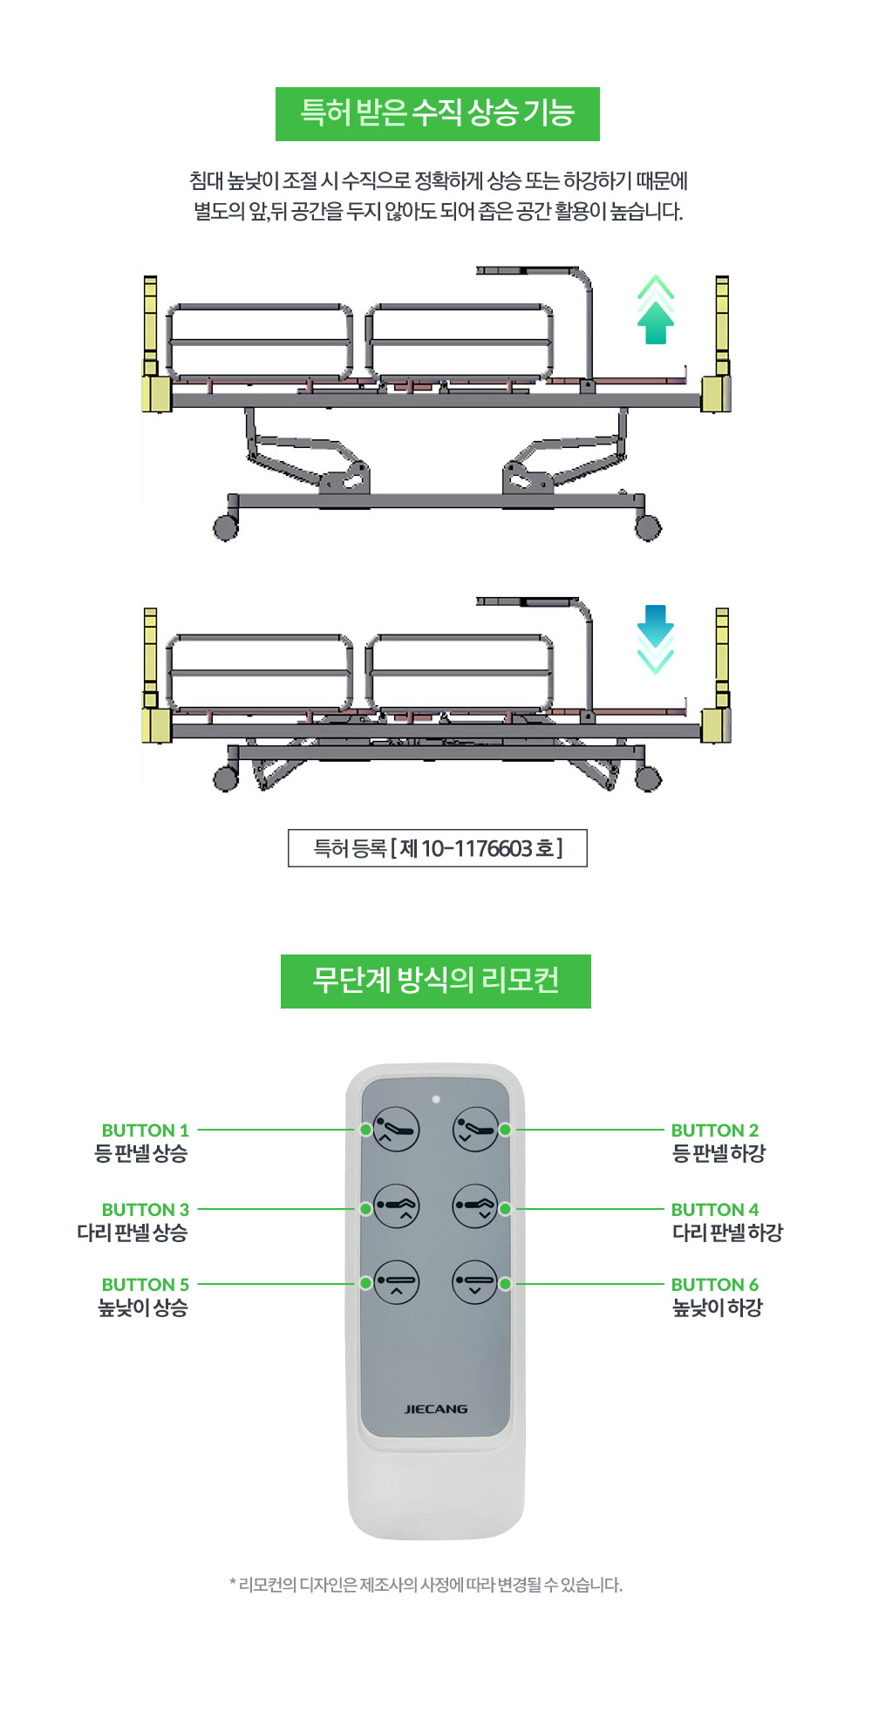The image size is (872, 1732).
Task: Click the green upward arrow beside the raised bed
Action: pos(656,311)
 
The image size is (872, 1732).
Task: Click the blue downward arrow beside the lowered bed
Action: pos(656,639)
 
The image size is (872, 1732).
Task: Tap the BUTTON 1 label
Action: pos(145,1131)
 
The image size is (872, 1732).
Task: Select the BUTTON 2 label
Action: pos(715,1131)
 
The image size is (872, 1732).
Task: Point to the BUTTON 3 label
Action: pos(145,1210)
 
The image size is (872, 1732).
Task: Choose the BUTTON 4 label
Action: pos(715,1210)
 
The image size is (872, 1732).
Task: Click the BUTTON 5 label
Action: pos(145,1285)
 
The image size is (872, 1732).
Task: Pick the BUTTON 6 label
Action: pos(715,1285)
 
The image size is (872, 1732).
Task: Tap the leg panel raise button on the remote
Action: pos(397,1206)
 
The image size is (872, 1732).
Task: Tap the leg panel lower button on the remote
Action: pos(475,1206)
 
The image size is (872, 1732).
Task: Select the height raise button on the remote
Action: pos(397,1282)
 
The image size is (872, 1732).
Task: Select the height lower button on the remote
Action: pos(475,1282)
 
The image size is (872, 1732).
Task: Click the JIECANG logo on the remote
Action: pos(436,1409)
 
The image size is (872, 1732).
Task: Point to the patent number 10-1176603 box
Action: pos(438,848)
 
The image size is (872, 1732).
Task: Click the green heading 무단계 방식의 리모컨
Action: pos(436,981)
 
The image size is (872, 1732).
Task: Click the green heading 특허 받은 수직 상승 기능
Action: pos(438,114)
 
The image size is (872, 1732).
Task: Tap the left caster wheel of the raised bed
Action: pos(226,527)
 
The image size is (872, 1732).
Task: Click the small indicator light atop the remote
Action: pos(436,1099)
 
